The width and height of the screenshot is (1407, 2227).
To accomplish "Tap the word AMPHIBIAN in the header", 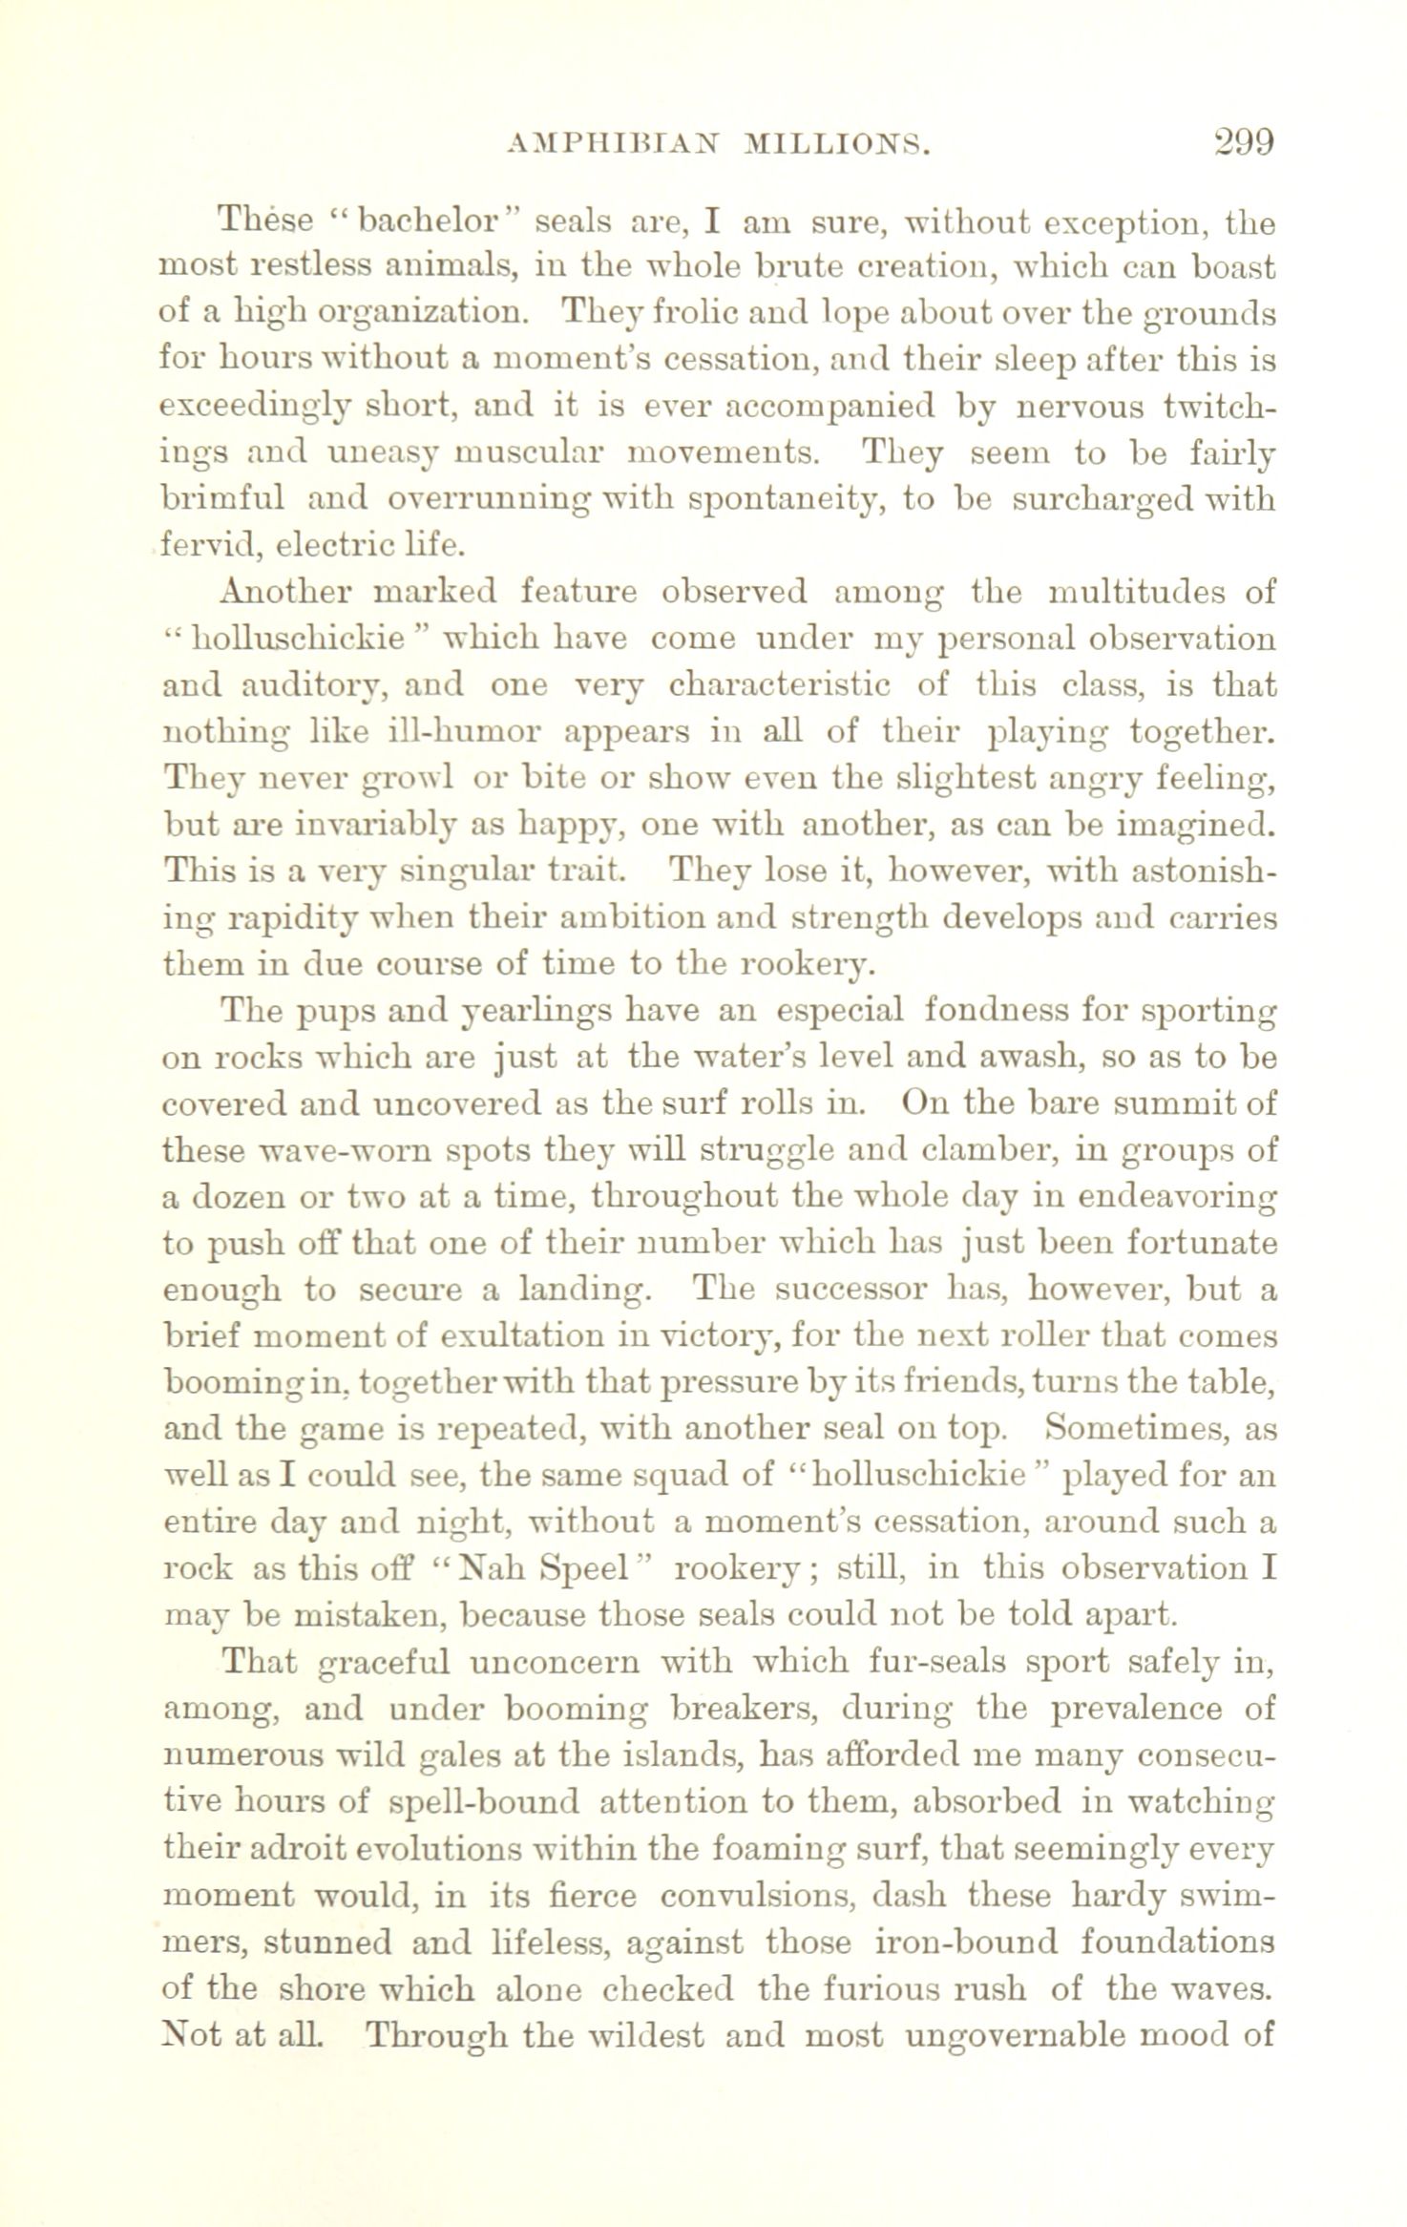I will (612, 145).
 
